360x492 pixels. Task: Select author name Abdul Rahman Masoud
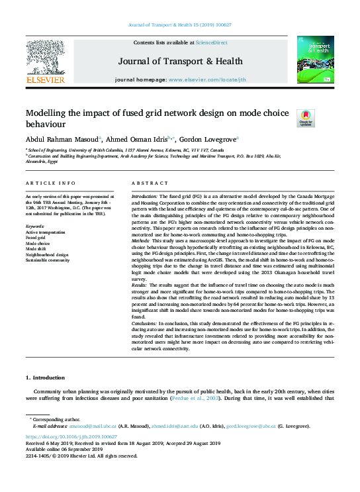click(x=62, y=139)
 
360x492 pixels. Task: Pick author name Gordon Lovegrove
click(x=208, y=139)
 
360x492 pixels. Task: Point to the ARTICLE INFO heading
click(x=46, y=183)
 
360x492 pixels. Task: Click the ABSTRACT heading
click(x=146, y=183)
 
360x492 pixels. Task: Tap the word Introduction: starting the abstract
click(x=144, y=197)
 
